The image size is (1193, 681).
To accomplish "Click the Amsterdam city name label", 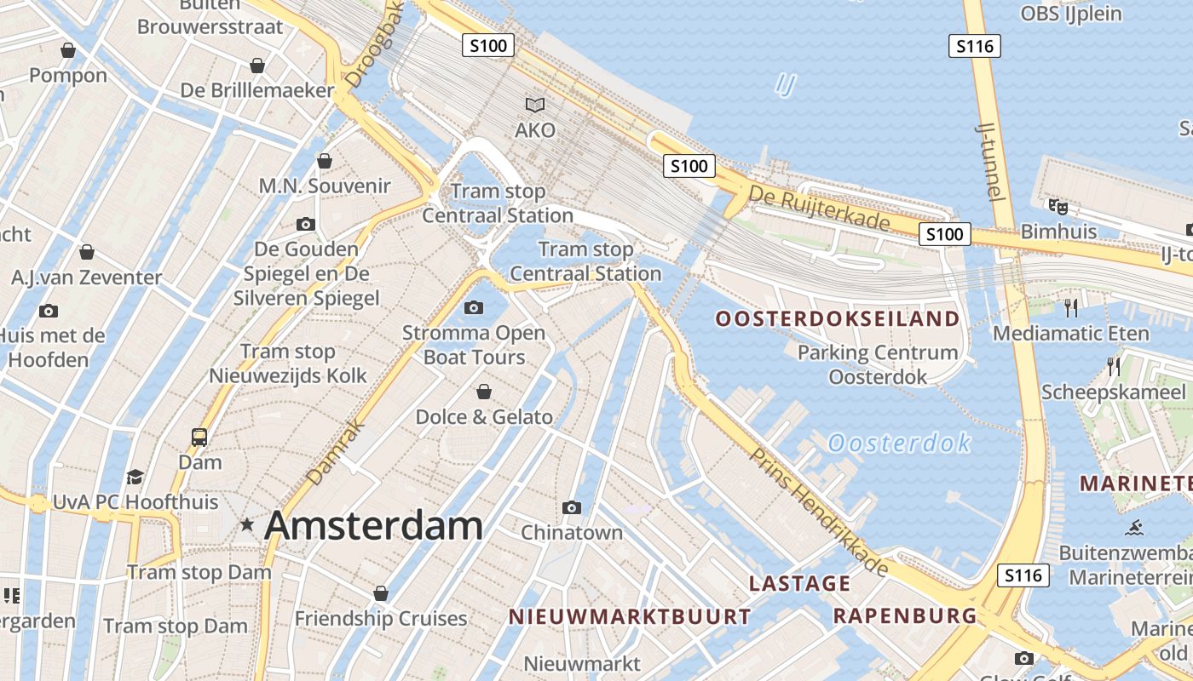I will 373,525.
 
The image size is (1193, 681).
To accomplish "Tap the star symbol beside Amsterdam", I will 247,524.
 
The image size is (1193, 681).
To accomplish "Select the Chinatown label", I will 572,533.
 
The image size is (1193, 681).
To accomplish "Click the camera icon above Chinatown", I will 572,508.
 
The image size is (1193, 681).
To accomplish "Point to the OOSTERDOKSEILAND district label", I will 838,319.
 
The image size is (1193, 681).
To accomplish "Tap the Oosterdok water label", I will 899,444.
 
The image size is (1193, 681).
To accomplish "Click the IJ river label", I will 787,83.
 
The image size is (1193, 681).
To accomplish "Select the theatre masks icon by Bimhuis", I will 1058,206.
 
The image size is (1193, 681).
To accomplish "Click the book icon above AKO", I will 535,106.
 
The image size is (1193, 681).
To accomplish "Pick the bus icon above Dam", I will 199,438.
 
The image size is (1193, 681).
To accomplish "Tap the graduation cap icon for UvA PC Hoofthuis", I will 135,477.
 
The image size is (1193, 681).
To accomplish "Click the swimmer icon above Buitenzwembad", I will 1133,528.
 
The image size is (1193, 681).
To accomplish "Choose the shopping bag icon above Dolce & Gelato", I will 484,392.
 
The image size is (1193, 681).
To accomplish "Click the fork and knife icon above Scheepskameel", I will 1113,367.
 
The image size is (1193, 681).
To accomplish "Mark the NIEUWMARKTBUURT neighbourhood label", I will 630,616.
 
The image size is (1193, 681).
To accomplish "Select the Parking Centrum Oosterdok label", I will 878,364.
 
